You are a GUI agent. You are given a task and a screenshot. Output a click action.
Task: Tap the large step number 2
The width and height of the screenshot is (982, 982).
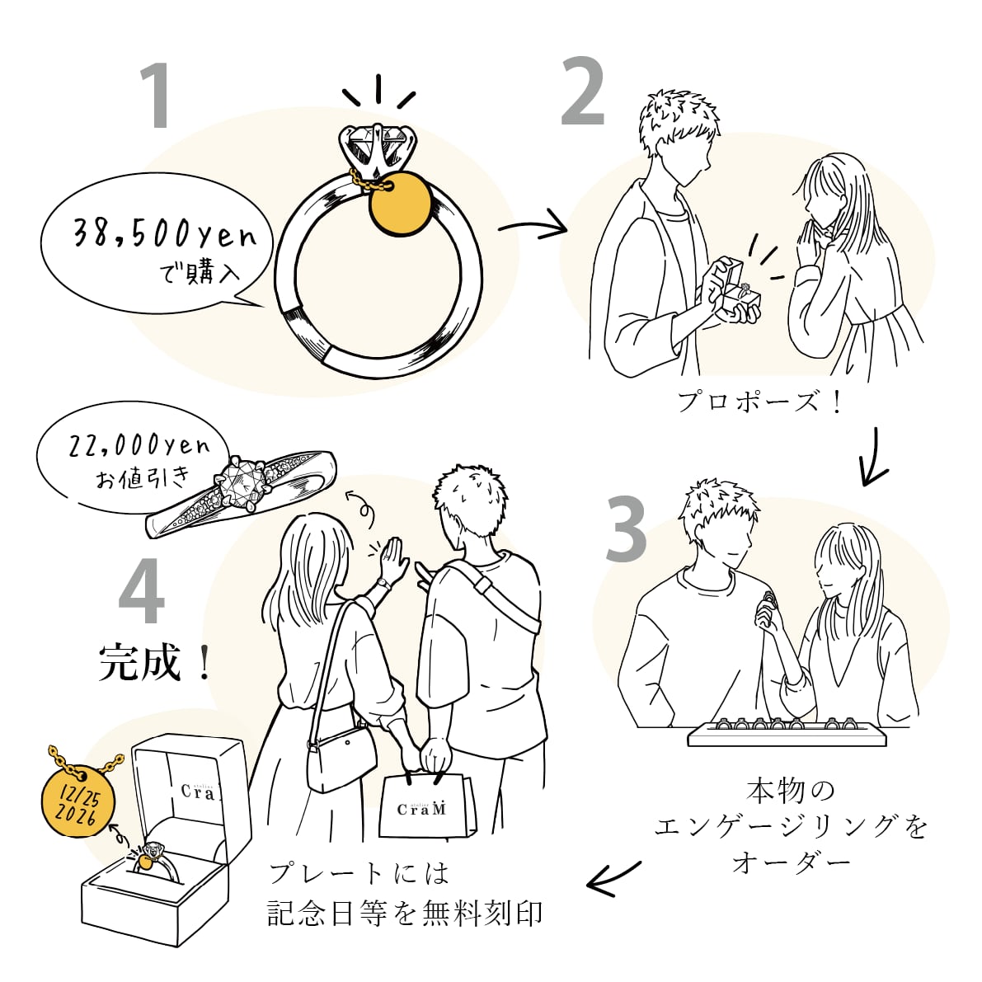[x=583, y=92]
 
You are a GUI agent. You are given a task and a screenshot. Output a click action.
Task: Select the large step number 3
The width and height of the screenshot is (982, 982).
[x=627, y=530]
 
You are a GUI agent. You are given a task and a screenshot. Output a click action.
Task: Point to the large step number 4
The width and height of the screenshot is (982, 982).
[x=142, y=595]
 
